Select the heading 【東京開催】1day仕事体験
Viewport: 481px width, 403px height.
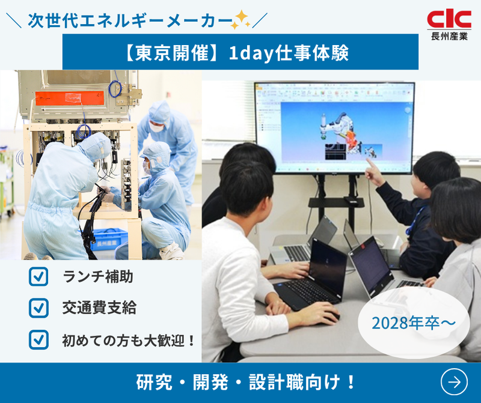pos(240,52)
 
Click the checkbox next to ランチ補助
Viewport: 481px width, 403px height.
pos(38,277)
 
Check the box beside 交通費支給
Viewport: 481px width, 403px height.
pos(38,308)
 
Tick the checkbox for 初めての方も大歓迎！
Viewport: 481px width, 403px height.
pos(38,339)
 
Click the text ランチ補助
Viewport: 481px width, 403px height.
pos(97,277)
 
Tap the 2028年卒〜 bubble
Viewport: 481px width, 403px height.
pos(413,323)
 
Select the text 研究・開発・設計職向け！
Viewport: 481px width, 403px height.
pos(247,382)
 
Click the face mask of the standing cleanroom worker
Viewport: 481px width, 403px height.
pos(156,127)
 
